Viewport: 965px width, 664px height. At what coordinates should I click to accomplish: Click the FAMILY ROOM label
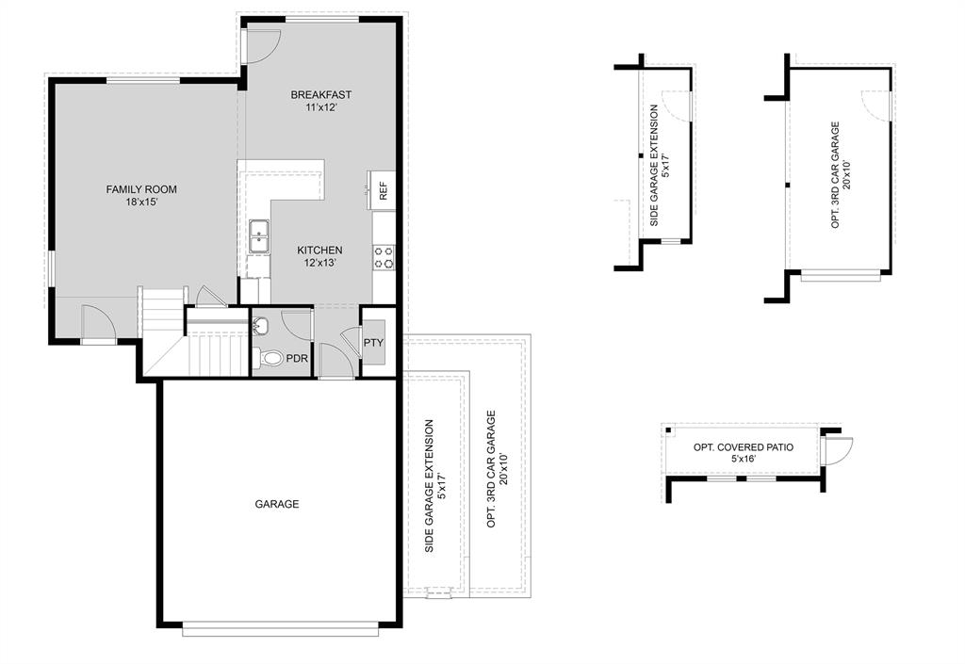pos(140,189)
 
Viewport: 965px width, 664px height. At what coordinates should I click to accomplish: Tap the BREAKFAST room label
pos(320,94)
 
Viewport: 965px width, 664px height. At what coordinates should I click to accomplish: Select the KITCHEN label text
pos(319,250)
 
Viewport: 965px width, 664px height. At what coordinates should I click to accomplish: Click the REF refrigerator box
pos(384,191)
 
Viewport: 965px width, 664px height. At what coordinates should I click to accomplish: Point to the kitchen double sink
pos(258,237)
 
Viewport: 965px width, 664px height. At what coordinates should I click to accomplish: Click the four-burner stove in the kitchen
pos(384,257)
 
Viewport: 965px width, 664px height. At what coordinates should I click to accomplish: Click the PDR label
pos(298,359)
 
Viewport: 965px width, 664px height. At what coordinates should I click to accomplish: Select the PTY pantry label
pos(373,343)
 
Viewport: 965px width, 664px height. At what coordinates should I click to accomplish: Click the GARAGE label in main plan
pos(277,504)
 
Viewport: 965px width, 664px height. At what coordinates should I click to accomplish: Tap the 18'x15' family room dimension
pos(140,202)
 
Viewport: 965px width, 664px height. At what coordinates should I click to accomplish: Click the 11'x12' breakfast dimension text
pos(320,107)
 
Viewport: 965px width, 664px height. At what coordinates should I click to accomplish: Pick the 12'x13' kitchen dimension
pos(319,263)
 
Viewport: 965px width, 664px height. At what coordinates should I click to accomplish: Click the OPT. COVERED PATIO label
pos(744,447)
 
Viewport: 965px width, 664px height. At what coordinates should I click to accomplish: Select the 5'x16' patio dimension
pos(744,460)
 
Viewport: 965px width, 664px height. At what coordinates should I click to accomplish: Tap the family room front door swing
pos(98,323)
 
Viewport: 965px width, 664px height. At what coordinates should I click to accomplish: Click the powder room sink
pos(261,327)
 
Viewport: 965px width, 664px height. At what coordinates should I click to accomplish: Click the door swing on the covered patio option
pos(836,451)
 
